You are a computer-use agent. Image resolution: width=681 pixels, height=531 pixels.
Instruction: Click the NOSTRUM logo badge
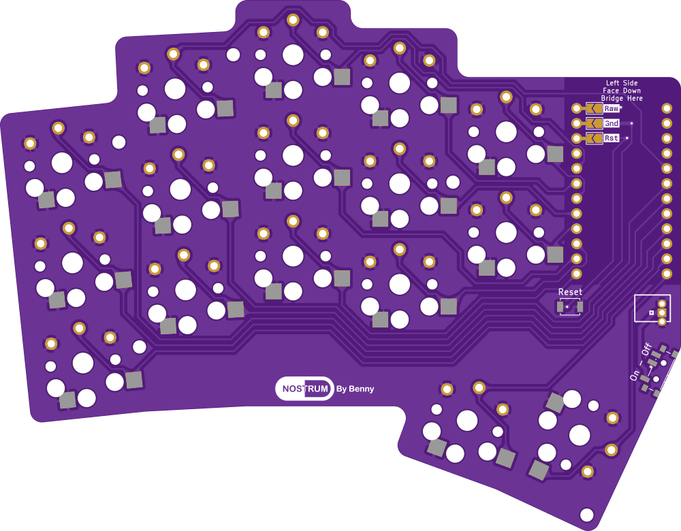[x=304, y=389]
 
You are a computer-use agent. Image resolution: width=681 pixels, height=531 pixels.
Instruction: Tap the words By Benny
[x=355, y=389]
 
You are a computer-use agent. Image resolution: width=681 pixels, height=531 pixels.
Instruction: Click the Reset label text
[x=570, y=292]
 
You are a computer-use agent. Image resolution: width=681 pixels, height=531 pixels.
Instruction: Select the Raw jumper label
[x=611, y=108]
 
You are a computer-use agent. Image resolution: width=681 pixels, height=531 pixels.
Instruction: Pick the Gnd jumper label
[x=611, y=123]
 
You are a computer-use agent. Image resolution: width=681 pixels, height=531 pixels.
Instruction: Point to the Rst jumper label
[x=611, y=138]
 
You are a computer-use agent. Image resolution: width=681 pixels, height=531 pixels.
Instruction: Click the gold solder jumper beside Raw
[x=593, y=108]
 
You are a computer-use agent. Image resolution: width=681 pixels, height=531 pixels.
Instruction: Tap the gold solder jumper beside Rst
[x=593, y=138]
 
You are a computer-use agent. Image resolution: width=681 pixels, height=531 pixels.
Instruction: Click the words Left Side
[x=622, y=83]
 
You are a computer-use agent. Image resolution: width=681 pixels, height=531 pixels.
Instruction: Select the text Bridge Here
[x=622, y=99]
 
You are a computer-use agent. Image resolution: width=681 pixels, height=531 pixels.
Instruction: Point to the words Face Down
[x=622, y=91]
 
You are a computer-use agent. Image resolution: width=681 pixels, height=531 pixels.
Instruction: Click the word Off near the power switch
[x=646, y=350]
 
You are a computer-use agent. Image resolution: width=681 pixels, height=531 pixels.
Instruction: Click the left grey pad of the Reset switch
[x=560, y=307]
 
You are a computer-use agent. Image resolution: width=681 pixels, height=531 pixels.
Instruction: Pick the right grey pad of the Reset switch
[x=580, y=307]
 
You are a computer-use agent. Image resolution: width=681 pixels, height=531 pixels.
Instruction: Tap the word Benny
[x=362, y=389]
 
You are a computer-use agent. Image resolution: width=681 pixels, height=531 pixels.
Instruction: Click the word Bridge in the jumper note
[x=612, y=99]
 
